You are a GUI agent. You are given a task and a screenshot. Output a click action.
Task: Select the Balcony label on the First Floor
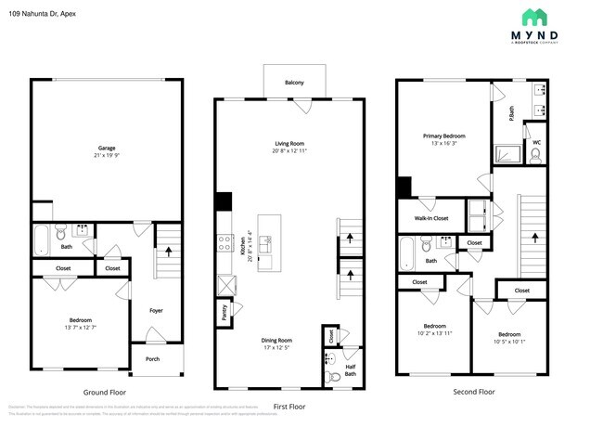coord(293,84)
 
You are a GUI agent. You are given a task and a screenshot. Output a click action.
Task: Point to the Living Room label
coord(290,144)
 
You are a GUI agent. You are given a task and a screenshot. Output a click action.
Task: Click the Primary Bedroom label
coord(443,136)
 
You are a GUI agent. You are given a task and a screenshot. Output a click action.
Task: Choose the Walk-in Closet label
coord(425,218)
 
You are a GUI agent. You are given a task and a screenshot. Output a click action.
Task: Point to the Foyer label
coord(156,310)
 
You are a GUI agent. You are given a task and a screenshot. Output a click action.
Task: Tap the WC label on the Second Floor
coord(535,142)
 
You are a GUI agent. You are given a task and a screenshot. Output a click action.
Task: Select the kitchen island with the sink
coord(268,242)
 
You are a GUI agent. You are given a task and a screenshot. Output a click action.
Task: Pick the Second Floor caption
coord(473,392)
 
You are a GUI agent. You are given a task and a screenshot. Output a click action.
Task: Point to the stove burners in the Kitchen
coord(224,242)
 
